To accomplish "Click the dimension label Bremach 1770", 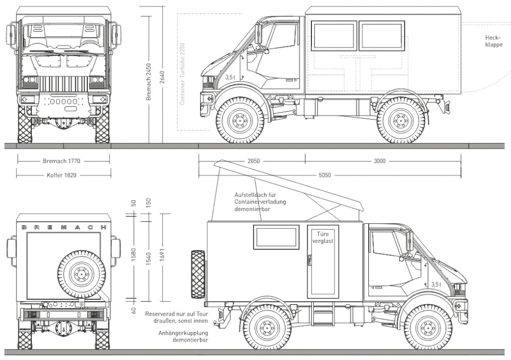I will point(61,162).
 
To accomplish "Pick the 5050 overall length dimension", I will point(325,176).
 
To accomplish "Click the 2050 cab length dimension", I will point(254,162).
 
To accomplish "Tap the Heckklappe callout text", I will point(493,40).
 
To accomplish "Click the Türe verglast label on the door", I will point(322,237).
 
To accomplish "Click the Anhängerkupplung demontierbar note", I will point(183,337).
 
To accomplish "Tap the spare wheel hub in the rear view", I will point(80,273).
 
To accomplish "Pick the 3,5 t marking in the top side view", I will point(230,78).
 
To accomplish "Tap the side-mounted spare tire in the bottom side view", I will point(198,274).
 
